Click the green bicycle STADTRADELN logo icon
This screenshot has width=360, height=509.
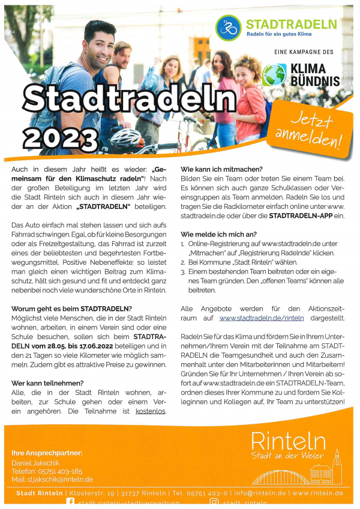coord(229,28)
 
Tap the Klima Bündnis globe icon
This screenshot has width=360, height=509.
coord(274,75)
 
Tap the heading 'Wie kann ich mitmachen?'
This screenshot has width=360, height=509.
coord(221,170)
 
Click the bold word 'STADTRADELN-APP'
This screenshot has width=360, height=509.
coord(297,215)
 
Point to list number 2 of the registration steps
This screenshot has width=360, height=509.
coord(183,262)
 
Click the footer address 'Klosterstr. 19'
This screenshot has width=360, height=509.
coord(90,493)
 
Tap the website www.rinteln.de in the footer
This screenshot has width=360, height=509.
coord(318,493)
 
